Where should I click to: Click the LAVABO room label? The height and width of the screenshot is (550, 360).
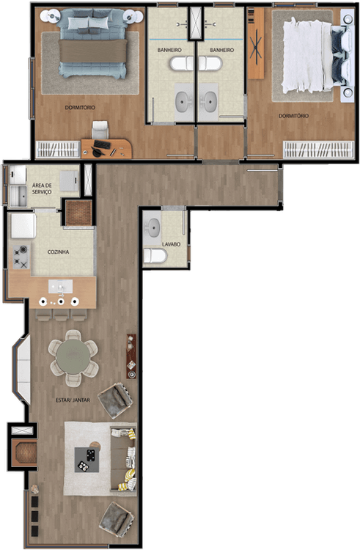point(172,244)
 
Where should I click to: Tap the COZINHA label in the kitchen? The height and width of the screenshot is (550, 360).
point(58,252)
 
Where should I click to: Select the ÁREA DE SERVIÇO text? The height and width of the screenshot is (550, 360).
point(42,188)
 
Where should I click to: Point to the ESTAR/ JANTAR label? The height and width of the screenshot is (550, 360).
point(73,400)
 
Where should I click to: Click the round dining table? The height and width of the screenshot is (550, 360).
point(73,358)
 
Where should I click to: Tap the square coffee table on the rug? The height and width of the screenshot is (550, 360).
point(87,460)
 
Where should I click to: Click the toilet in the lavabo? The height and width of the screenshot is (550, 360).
point(155,255)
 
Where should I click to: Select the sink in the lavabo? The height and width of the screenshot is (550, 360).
point(153,228)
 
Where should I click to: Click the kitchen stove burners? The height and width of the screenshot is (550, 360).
point(21,257)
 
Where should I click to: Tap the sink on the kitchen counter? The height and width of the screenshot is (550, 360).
point(61,287)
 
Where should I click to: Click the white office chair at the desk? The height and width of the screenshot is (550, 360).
point(100,130)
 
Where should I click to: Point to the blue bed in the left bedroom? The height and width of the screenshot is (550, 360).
point(92,44)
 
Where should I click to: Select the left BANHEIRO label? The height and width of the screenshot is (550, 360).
point(169,50)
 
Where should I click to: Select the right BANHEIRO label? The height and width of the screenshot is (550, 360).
point(222,50)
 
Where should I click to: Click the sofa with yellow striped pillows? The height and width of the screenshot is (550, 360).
point(123,459)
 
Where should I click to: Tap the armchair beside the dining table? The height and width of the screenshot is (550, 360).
point(115,400)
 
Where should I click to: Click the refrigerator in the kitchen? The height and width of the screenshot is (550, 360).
point(23,226)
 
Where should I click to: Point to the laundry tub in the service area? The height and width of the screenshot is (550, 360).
point(18,196)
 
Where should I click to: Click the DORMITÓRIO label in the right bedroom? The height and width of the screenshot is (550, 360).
point(294,116)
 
